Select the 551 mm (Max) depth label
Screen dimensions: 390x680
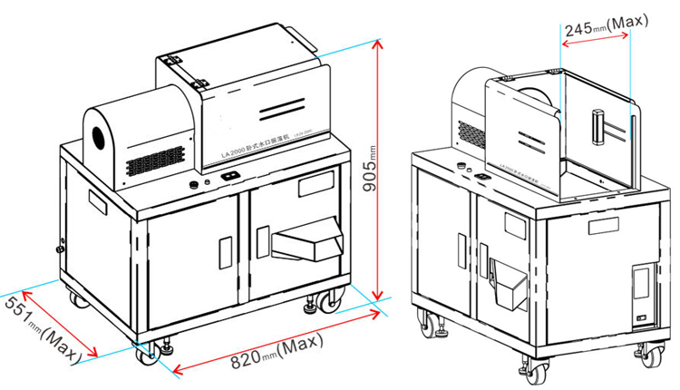coord(40,328)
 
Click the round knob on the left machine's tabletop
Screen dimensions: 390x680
coord(193,185)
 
